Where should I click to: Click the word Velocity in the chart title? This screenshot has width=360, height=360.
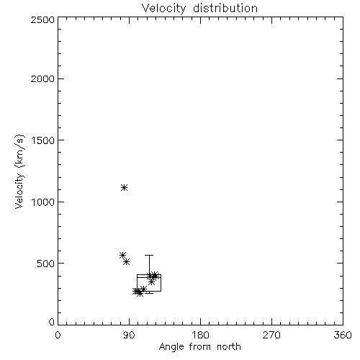tap(164, 9)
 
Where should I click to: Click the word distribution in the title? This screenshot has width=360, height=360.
tap(225, 8)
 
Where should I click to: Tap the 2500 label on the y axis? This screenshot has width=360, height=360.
tap(42, 19)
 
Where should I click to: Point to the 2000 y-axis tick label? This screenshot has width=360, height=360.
tap(42, 78)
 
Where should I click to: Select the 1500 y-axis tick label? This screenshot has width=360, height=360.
tap(43, 140)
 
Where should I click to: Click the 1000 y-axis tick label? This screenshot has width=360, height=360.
tap(43, 202)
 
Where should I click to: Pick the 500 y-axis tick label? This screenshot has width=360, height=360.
tap(46, 264)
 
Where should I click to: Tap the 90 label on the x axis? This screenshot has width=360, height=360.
tap(129, 335)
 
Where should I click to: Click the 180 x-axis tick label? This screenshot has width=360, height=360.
tap(200, 335)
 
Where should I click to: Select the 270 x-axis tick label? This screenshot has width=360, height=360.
tap(271, 335)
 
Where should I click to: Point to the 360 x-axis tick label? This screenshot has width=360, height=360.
tap(343, 335)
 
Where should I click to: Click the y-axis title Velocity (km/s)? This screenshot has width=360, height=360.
tap(19, 171)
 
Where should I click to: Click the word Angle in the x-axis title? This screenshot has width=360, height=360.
tap(171, 347)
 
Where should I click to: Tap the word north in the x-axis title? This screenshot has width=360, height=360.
tap(229, 346)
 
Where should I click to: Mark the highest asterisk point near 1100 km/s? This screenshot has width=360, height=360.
tap(124, 187)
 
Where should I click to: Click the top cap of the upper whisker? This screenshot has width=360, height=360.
tap(149, 255)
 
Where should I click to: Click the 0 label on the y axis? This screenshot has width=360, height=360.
tap(52, 322)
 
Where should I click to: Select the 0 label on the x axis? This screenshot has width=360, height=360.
tap(58, 335)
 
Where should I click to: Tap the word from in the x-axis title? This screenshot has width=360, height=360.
tap(200, 346)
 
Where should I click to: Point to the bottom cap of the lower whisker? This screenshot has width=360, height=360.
tap(149, 293)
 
